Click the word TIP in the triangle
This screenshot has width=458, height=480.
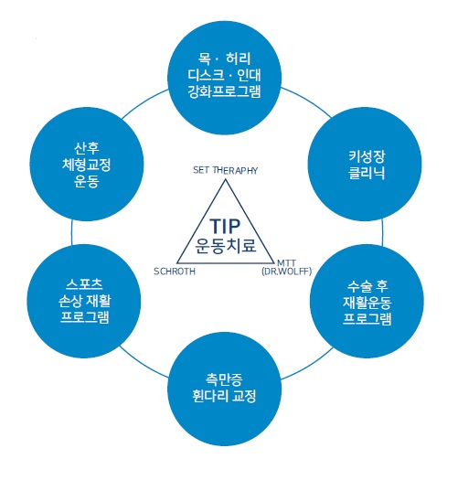click(225, 226)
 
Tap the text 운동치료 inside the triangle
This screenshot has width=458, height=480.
click(226, 245)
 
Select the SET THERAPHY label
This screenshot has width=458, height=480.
click(225, 170)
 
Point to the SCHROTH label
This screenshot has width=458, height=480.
click(175, 272)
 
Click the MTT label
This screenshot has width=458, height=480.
click(286, 263)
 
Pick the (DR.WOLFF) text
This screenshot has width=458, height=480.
click(287, 272)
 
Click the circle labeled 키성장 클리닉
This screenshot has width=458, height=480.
click(365, 164)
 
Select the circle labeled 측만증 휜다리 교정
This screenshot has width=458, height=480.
click(224, 389)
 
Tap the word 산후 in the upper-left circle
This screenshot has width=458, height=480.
click(87, 148)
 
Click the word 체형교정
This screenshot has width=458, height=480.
click(86, 165)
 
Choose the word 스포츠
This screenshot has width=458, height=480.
click(84, 284)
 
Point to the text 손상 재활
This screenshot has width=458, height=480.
click(84, 301)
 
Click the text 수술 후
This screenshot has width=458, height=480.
click(367, 286)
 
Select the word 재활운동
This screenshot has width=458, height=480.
click(367, 303)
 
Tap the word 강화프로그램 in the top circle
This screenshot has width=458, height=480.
click(224, 91)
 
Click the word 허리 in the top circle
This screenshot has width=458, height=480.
click(239, 59)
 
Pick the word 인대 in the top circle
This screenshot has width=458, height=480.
click(249, 75)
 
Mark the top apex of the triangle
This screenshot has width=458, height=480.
click(226, 179)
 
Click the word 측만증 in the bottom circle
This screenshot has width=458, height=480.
click(224, 379)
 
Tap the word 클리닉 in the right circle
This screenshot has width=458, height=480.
click(367, 173)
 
